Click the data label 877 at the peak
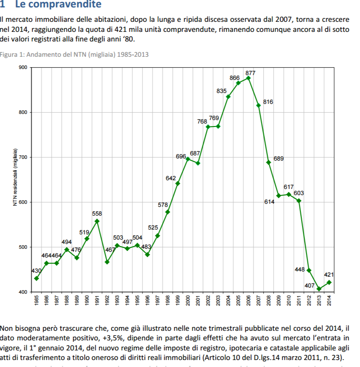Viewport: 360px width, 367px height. point(250,73)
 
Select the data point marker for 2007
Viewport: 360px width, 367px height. point(258,105)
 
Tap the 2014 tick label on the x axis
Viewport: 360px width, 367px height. point(329,301)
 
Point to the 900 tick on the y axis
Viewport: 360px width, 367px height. point(23,68)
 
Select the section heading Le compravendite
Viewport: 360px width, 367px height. point(58,5)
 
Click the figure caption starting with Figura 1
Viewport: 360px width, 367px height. point(75,55)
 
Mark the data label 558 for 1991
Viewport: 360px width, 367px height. point(97,214)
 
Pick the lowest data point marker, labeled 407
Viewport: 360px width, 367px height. point(319,289)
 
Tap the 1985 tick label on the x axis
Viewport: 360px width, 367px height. point(37,301)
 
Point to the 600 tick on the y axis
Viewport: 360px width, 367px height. point(23,202)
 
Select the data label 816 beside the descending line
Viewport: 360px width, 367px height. point(268,102)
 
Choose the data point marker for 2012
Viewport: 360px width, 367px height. point(309,271)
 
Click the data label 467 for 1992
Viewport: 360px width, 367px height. point(111,250)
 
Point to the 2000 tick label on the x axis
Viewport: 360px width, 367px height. point(188,301)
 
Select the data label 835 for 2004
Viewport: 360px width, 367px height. point(221,91)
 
